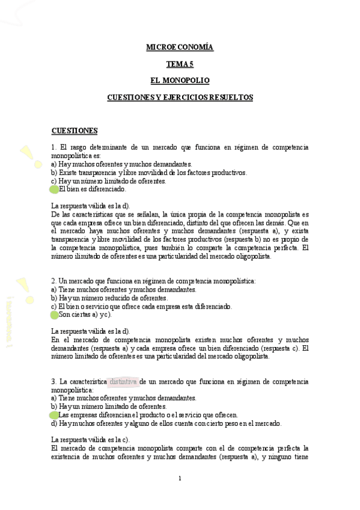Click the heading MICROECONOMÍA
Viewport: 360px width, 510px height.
[180, 47]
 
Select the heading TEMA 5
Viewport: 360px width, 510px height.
[180, 63]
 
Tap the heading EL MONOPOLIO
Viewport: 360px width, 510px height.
[180, 80]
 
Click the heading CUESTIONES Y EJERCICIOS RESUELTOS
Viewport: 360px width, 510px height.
[180, 97]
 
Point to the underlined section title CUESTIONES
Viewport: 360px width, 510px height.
[75, 131]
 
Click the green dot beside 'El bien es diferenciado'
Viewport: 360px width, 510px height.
[54, 189]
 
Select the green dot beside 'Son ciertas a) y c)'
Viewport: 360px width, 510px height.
[54, 315]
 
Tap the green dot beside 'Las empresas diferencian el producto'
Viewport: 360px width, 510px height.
[54, 415]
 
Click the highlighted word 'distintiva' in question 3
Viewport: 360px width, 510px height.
[124, 381]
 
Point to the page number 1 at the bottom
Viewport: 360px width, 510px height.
[180, 479]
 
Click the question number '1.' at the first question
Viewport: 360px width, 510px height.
[54, 147]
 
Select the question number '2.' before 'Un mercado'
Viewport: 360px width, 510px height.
[54, 281]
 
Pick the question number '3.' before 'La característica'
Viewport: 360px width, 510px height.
[54, 381]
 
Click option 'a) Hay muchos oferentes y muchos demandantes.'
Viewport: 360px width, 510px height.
[121, 164]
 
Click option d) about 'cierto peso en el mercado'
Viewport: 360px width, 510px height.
[166, 423]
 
